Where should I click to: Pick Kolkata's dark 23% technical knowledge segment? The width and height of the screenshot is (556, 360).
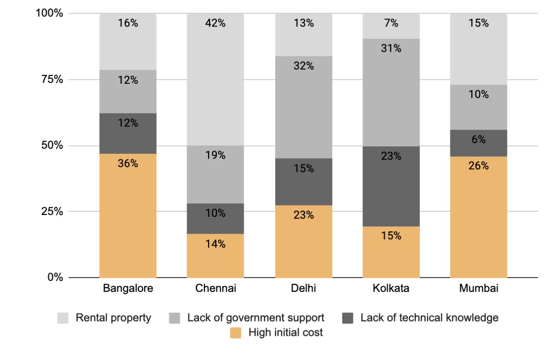tap(391, 185)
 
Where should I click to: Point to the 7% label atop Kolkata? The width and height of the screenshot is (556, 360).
tap(391, 23)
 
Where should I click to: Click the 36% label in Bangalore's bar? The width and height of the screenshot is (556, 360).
tap(128, 164)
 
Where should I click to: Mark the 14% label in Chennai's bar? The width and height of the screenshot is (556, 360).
tap(215, 244)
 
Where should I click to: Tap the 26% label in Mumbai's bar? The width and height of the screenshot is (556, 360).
tap(479, 165)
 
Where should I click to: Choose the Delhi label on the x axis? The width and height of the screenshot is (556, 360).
tap(303, 289)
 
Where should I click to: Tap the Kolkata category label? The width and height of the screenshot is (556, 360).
tap(391, 289)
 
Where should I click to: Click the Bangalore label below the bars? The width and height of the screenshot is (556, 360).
tap(128, 289)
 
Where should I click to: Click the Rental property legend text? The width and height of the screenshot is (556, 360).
tap(114, 318)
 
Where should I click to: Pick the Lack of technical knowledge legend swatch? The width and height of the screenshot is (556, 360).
tap(348, 318)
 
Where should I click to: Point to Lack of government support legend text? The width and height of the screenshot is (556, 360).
tap(256, 318)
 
